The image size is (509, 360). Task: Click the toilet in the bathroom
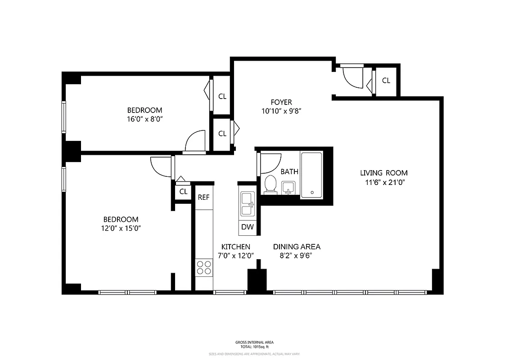270,184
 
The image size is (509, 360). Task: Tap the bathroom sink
288,188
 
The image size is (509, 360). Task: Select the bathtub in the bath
311,175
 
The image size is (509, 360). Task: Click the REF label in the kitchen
203,197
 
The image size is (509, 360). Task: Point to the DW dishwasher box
247,227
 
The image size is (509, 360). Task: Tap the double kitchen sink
248,204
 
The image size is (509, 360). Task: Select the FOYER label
281,102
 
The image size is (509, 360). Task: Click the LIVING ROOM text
383,173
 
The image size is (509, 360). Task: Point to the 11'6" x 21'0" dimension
383,182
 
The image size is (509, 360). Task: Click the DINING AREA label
297,247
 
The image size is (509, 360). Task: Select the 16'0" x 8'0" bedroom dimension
144,119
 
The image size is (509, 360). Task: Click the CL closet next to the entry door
386,81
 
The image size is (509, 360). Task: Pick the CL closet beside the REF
183,192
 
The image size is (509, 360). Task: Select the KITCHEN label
235,247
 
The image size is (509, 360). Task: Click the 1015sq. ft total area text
254,347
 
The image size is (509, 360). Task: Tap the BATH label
289,171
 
